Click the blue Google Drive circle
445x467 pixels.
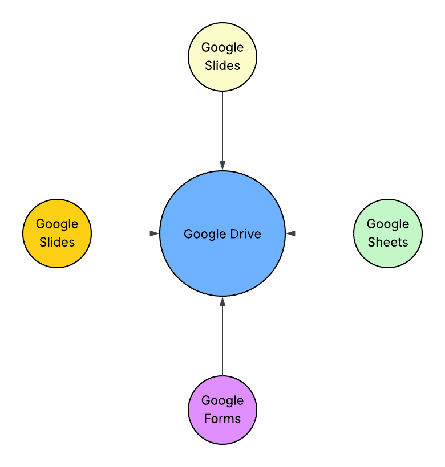[222, 233]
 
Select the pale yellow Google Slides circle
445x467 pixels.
[222, 56]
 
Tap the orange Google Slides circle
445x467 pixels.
[57, 233]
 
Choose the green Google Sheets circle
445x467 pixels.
[388, 233]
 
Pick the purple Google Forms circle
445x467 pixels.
[222, 410]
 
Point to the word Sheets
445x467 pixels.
[388, 242]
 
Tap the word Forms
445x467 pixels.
[222, 419]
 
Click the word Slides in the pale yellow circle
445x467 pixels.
[222, 65]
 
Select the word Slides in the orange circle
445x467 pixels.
[57, 242]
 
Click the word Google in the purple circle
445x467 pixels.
[222, 401]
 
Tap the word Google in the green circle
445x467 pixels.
[388, 224]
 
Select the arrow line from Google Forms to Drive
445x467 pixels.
[222, 336]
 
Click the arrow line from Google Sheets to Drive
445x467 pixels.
[319, 233]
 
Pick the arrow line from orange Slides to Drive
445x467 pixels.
[125, 233]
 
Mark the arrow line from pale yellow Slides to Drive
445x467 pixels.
[222, 131]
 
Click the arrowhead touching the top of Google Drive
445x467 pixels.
[222, 166]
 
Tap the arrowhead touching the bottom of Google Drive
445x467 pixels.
[222, 301]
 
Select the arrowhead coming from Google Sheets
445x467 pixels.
[290, 233]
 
